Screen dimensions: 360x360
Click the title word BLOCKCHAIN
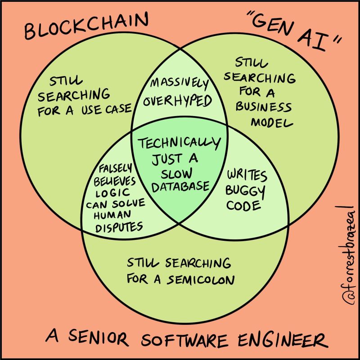(85, 28)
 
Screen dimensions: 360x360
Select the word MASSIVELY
(179, 84)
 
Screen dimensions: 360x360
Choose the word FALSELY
(115, 168)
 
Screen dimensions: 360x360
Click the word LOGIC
(111, 192)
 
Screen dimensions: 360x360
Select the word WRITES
(247, 175)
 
